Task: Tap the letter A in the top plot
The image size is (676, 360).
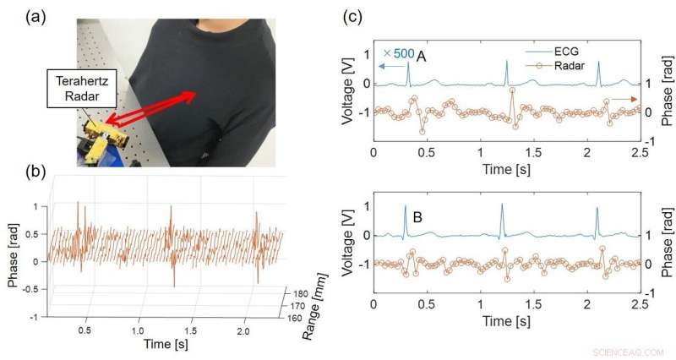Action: [x=421, y=55]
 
